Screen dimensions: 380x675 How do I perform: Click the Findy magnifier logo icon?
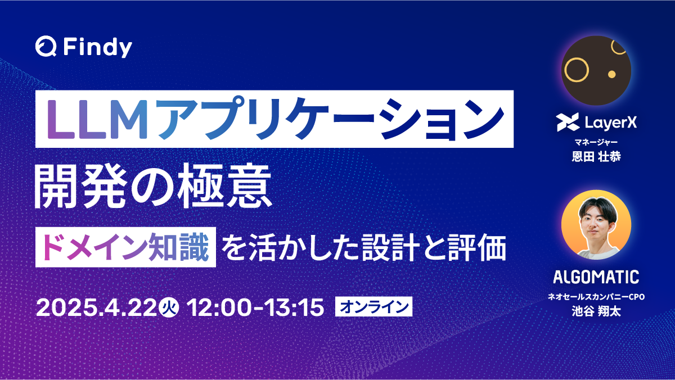pyautogui.click(x=46, y=47)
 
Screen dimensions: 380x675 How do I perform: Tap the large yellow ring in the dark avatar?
pyautogui.click(x=577, y=70)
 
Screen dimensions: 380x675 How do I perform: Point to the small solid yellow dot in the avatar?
pyautogui.click(x=611, y=74)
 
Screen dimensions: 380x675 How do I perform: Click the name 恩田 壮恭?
pyautogui.click(x=596, y=156)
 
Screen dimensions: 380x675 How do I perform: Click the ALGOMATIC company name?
pyautogui.click(x=596, y=277)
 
